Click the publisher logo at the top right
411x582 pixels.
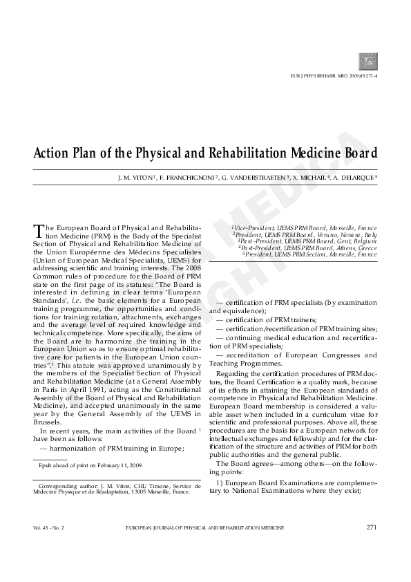pyautogui.click(x=368, y=62)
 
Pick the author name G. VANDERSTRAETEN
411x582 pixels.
pyautogui.click(x=255, y=178)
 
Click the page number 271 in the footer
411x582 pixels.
pyautogui.click(x=372, y=527)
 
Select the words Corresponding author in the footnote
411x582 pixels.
pyautogui.click(x=66, y=486)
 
